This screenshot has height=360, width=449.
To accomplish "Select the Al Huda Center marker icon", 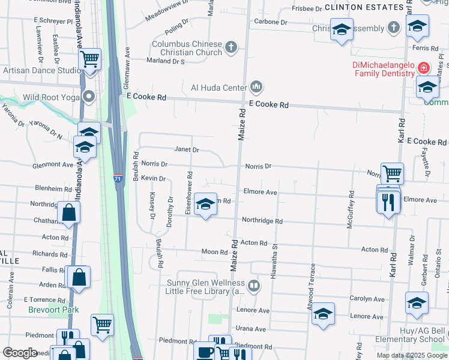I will click(257, 88).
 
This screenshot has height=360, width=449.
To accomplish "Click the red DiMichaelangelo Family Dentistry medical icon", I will click(424, 68).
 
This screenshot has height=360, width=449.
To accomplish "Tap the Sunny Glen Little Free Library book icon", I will click(254, 286).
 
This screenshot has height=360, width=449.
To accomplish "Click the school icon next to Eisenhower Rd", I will click(205, 206).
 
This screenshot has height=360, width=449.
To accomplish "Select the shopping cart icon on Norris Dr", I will click(392, 174).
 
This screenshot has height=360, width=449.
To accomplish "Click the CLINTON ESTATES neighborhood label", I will click(364, 7).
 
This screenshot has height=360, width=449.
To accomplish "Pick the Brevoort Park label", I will click(45, 310).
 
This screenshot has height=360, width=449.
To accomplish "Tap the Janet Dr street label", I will click(186, 149).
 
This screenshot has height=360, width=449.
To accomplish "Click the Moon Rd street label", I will click(213, 251).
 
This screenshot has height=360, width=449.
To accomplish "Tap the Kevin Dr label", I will click(153, 178).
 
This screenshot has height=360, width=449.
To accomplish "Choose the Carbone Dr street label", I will click(271, 22).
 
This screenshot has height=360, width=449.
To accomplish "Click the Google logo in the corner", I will click(20, 353).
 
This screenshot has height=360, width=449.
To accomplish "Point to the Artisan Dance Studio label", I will click(41, 70).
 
